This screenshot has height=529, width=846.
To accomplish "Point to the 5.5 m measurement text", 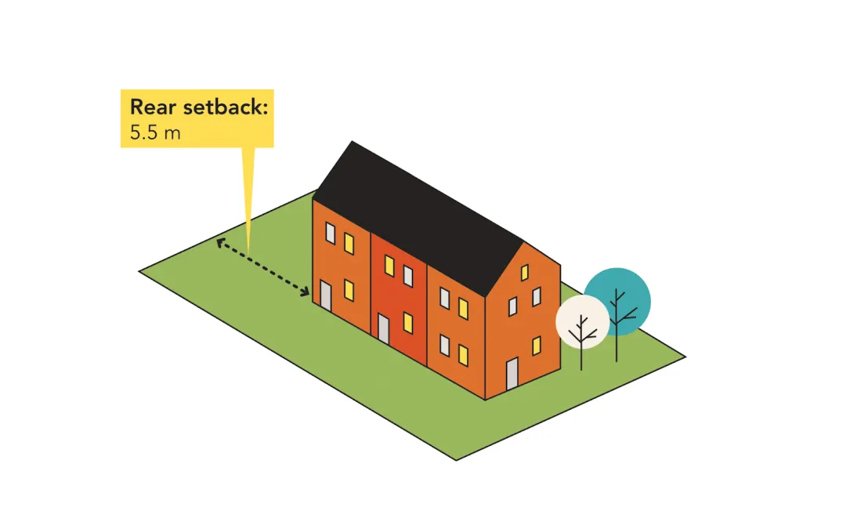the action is pyautogui.click(x=155, y=132).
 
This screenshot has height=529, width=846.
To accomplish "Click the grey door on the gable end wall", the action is pyautogui.click(x=512, y=375).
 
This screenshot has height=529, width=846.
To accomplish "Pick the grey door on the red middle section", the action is pyautogui.click(x=383, y=329).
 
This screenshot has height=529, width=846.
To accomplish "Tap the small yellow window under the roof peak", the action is pyautogui.click(x=523, y=273).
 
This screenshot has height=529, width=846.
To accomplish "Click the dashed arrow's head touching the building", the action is pyautogui.click(x=307, y=293).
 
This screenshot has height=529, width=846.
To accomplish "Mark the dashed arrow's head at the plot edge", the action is pyautogui.click(x=219, y=242).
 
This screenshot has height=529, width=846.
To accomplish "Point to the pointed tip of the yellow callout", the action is pyautogui.click(x=248, y=249).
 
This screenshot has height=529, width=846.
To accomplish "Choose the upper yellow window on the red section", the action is pyautogui.click(x=389, y=266).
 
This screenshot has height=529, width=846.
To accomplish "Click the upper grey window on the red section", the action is pyautogui.click(x=408, y=275).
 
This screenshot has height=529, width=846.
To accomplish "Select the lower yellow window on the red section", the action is pyautogui.click(x=408, y=322).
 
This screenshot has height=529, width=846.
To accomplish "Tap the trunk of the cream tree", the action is pyautogui.click(x=581, y=353).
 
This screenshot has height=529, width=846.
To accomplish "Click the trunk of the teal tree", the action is pyautogui.click(x=616, y=345).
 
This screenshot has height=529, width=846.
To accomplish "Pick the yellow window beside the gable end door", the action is pyautogui.click(x=537, y=345).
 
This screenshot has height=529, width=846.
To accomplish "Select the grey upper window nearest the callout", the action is pyautogui.click(x=331, y=234).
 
